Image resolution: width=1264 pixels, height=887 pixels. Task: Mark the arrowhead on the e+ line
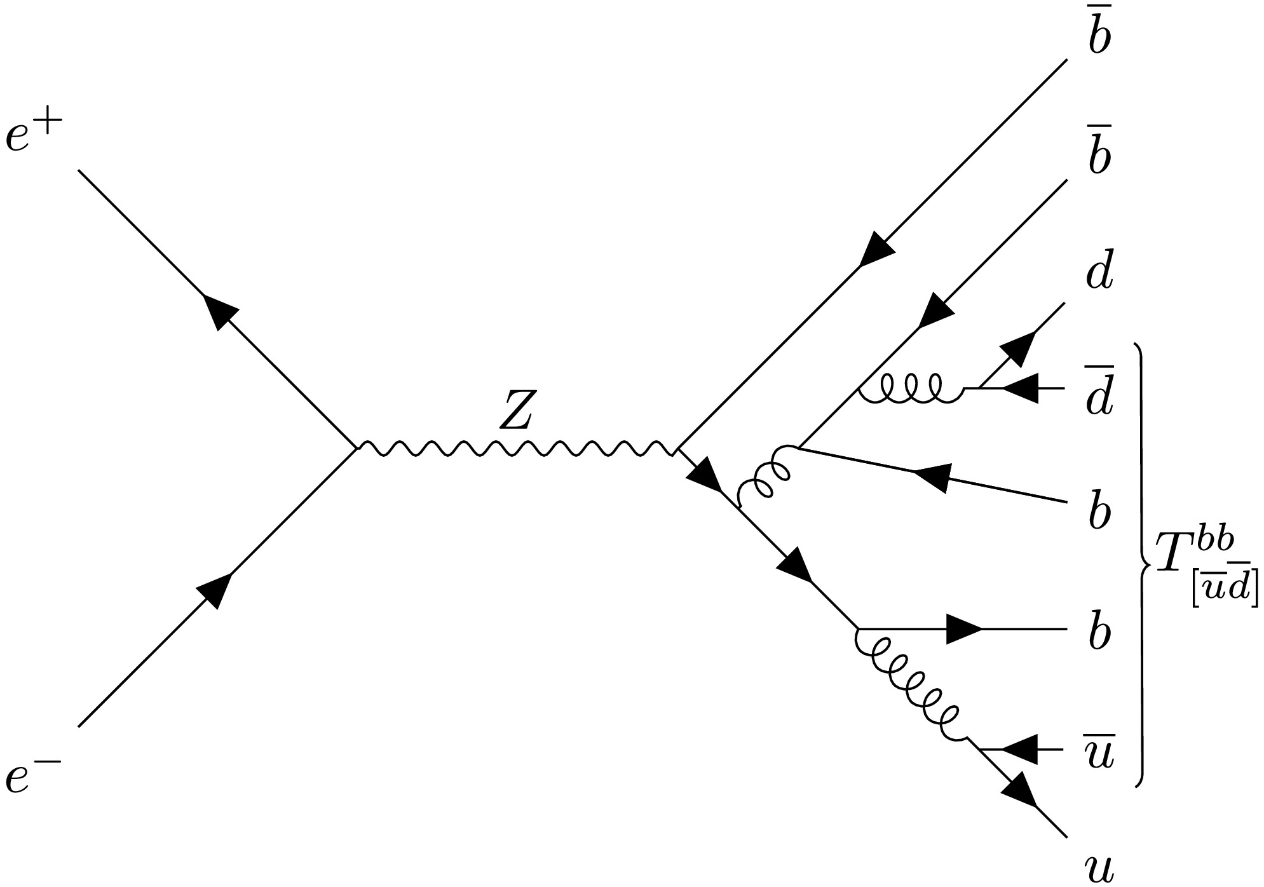point(219,311)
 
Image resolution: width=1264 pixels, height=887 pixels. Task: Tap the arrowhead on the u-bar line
point(1019,750)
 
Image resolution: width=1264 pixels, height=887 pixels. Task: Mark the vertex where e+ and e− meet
point(357,449)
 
